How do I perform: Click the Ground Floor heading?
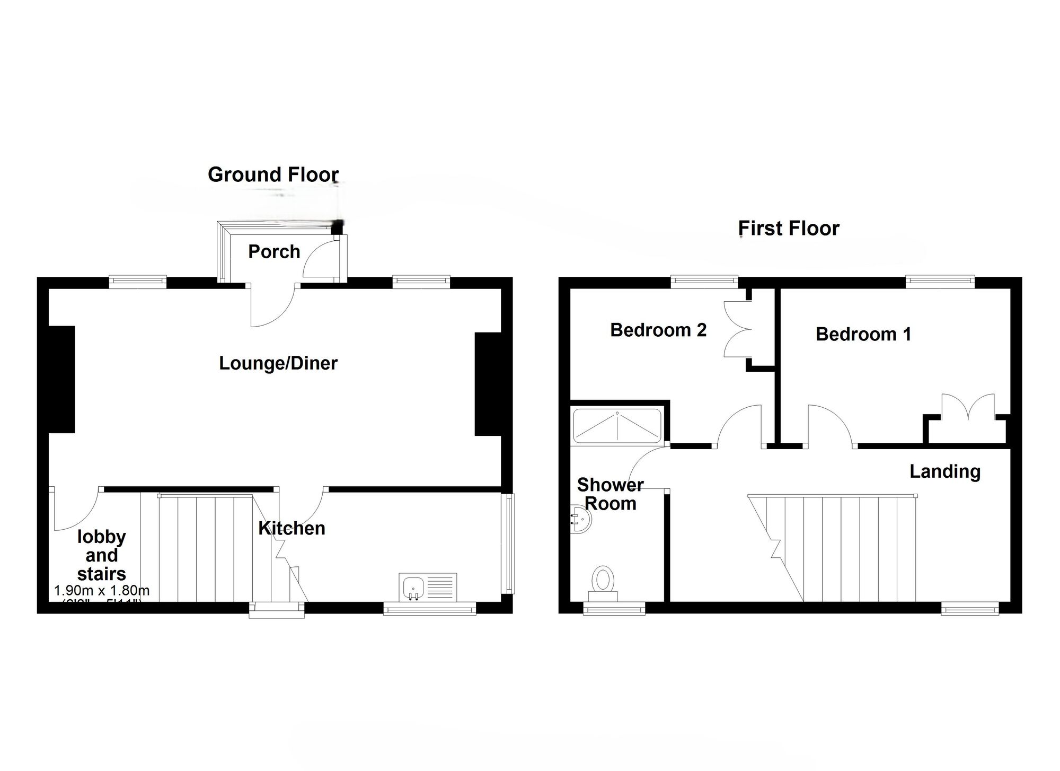(x=273, y=174)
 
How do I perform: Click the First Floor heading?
(x=789, y=229)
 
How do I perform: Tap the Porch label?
(x=274, y=251)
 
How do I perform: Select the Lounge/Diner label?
(x=278, y=363)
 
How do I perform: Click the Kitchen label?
(x=291, y=528)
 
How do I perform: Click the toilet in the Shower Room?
(x=603, y=582)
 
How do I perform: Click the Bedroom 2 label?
(x=658, y=330)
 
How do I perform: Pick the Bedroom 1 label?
(x=863, y=334)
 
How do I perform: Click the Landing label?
(x=945, y=471)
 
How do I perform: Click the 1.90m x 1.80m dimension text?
(x=102, y=590)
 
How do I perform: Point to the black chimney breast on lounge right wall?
(x=488, y=384)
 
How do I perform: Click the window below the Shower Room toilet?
(x=614, y=609)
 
